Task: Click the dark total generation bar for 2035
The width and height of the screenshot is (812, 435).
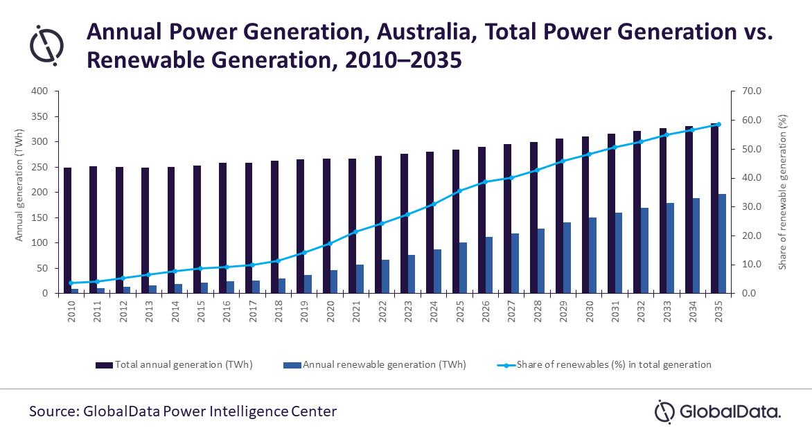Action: (x=714, y=208)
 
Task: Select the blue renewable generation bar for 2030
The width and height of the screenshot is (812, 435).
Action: (x=592, y=256)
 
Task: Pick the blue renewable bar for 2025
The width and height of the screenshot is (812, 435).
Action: (x=463, y=268)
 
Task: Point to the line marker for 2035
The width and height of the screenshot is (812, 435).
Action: (x=718, y=125)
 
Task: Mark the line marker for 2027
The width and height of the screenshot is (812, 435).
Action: (x=511, y=177)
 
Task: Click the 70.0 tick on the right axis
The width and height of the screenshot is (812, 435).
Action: (x=752, y=91)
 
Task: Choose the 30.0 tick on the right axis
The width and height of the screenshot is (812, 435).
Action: (x=752, y=207)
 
